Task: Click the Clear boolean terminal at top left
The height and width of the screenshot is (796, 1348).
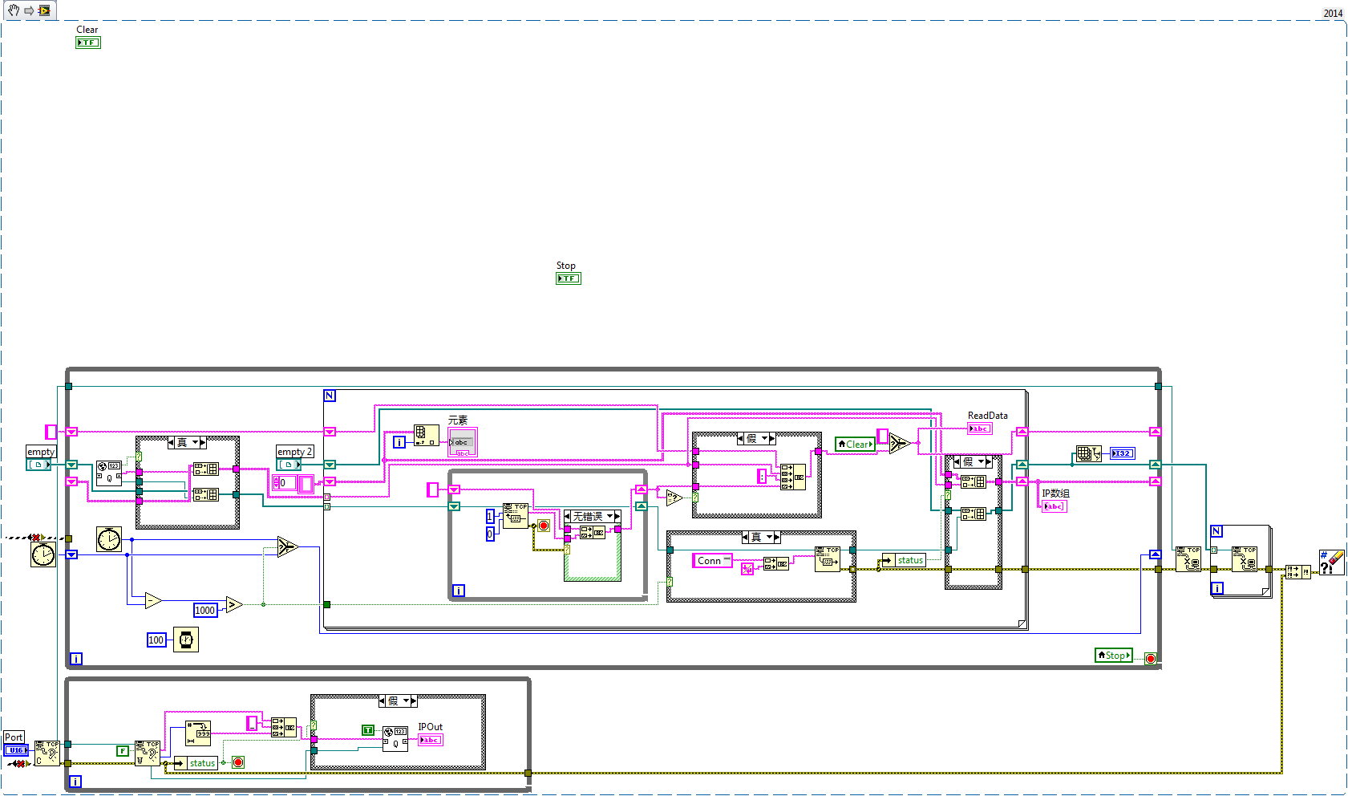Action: point(87,43)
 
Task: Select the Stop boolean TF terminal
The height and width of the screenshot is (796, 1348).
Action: point(568,278)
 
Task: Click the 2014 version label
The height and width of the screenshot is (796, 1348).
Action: point(1333,13)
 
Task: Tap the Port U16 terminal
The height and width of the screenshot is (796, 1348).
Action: point(15,750)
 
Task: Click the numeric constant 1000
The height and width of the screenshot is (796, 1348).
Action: point(205,610)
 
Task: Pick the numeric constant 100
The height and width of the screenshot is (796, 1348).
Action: point(156,640)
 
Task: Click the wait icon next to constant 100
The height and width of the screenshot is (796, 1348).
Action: point(186,640)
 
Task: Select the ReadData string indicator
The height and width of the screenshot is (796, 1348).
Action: point(979,428)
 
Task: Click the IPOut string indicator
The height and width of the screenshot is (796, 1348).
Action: point(430,740)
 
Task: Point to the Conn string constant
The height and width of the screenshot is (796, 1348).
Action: point(711,561)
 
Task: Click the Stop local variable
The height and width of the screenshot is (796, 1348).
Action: point(1114,656)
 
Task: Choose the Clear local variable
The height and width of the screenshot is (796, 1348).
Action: point(855,444)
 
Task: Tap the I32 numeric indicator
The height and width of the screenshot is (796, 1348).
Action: point(1123,453)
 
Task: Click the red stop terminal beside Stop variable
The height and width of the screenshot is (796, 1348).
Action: point(1151,659)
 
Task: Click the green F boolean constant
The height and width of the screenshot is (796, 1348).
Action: point(123,751)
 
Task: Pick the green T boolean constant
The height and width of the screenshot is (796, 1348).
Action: point(368,729)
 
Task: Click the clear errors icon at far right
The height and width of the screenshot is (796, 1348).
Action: point(1331,562)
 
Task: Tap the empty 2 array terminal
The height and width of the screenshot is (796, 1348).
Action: point(289,465)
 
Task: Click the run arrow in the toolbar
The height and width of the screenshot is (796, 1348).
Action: point(29,10)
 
